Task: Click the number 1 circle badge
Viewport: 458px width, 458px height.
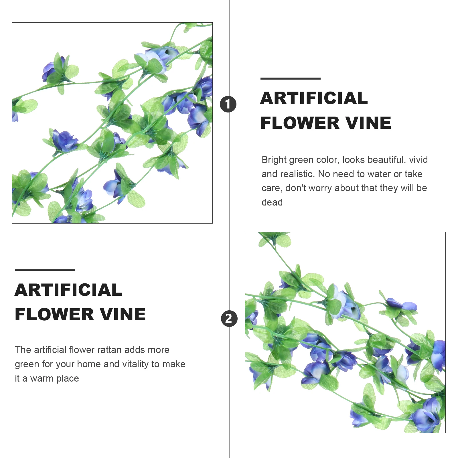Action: point(228,104)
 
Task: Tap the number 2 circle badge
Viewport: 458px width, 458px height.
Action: point(229,319)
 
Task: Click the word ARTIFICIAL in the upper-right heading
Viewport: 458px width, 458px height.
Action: point(314,98)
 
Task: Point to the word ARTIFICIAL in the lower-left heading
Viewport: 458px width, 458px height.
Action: point(68,290)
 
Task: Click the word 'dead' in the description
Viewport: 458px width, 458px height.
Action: point(272,202)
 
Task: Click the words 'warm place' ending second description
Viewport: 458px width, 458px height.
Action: point(54,378)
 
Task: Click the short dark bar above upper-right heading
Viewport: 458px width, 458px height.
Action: point(290,78)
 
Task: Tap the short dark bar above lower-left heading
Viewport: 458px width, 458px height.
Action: point(45,270)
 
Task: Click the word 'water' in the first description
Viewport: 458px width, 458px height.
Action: point(377,174)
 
